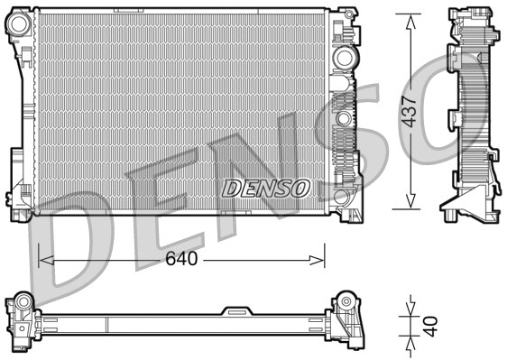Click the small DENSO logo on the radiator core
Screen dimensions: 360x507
[x=266, y=188]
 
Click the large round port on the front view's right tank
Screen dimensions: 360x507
[x=344, y=59]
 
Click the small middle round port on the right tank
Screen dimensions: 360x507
[x=343, y=118]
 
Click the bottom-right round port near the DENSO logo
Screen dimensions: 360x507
[x=341, y=196]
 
